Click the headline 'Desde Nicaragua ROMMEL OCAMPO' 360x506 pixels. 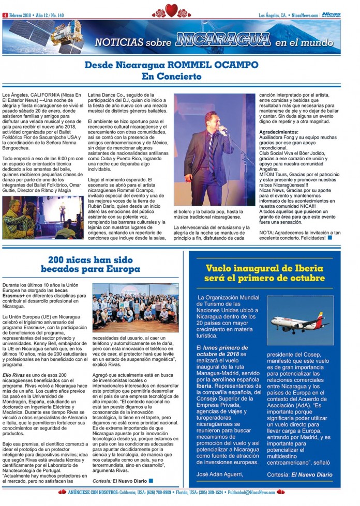[180, 66]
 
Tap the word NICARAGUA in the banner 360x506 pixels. [223, 40]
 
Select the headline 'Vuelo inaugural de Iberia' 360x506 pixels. [264, 268]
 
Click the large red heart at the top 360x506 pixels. [172, 10]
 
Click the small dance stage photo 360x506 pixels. [42, 217]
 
